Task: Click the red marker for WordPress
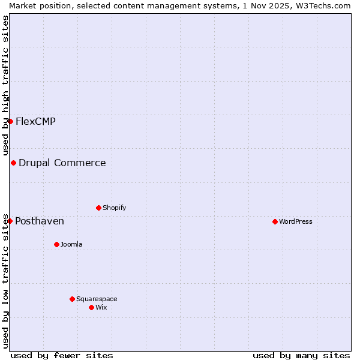275,221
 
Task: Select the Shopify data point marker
98,208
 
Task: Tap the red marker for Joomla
56,244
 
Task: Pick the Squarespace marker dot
72,299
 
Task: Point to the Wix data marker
91,307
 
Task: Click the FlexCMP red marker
10,121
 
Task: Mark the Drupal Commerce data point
13,163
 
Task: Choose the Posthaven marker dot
10,221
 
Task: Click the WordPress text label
296,221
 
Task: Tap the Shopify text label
115,208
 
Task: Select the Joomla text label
71,244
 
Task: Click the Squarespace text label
97,299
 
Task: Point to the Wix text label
101,307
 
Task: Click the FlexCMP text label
35,121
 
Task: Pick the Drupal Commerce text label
62,163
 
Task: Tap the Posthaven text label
40,221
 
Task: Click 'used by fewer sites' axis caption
62,355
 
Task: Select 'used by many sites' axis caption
301,355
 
